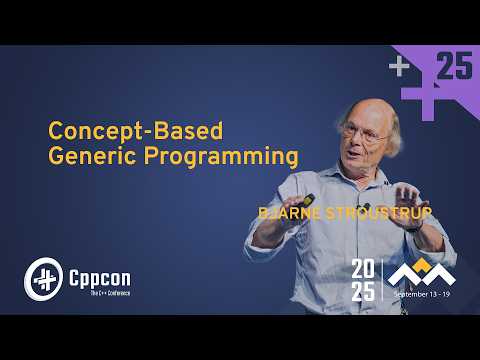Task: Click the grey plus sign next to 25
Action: click(400, 67)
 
